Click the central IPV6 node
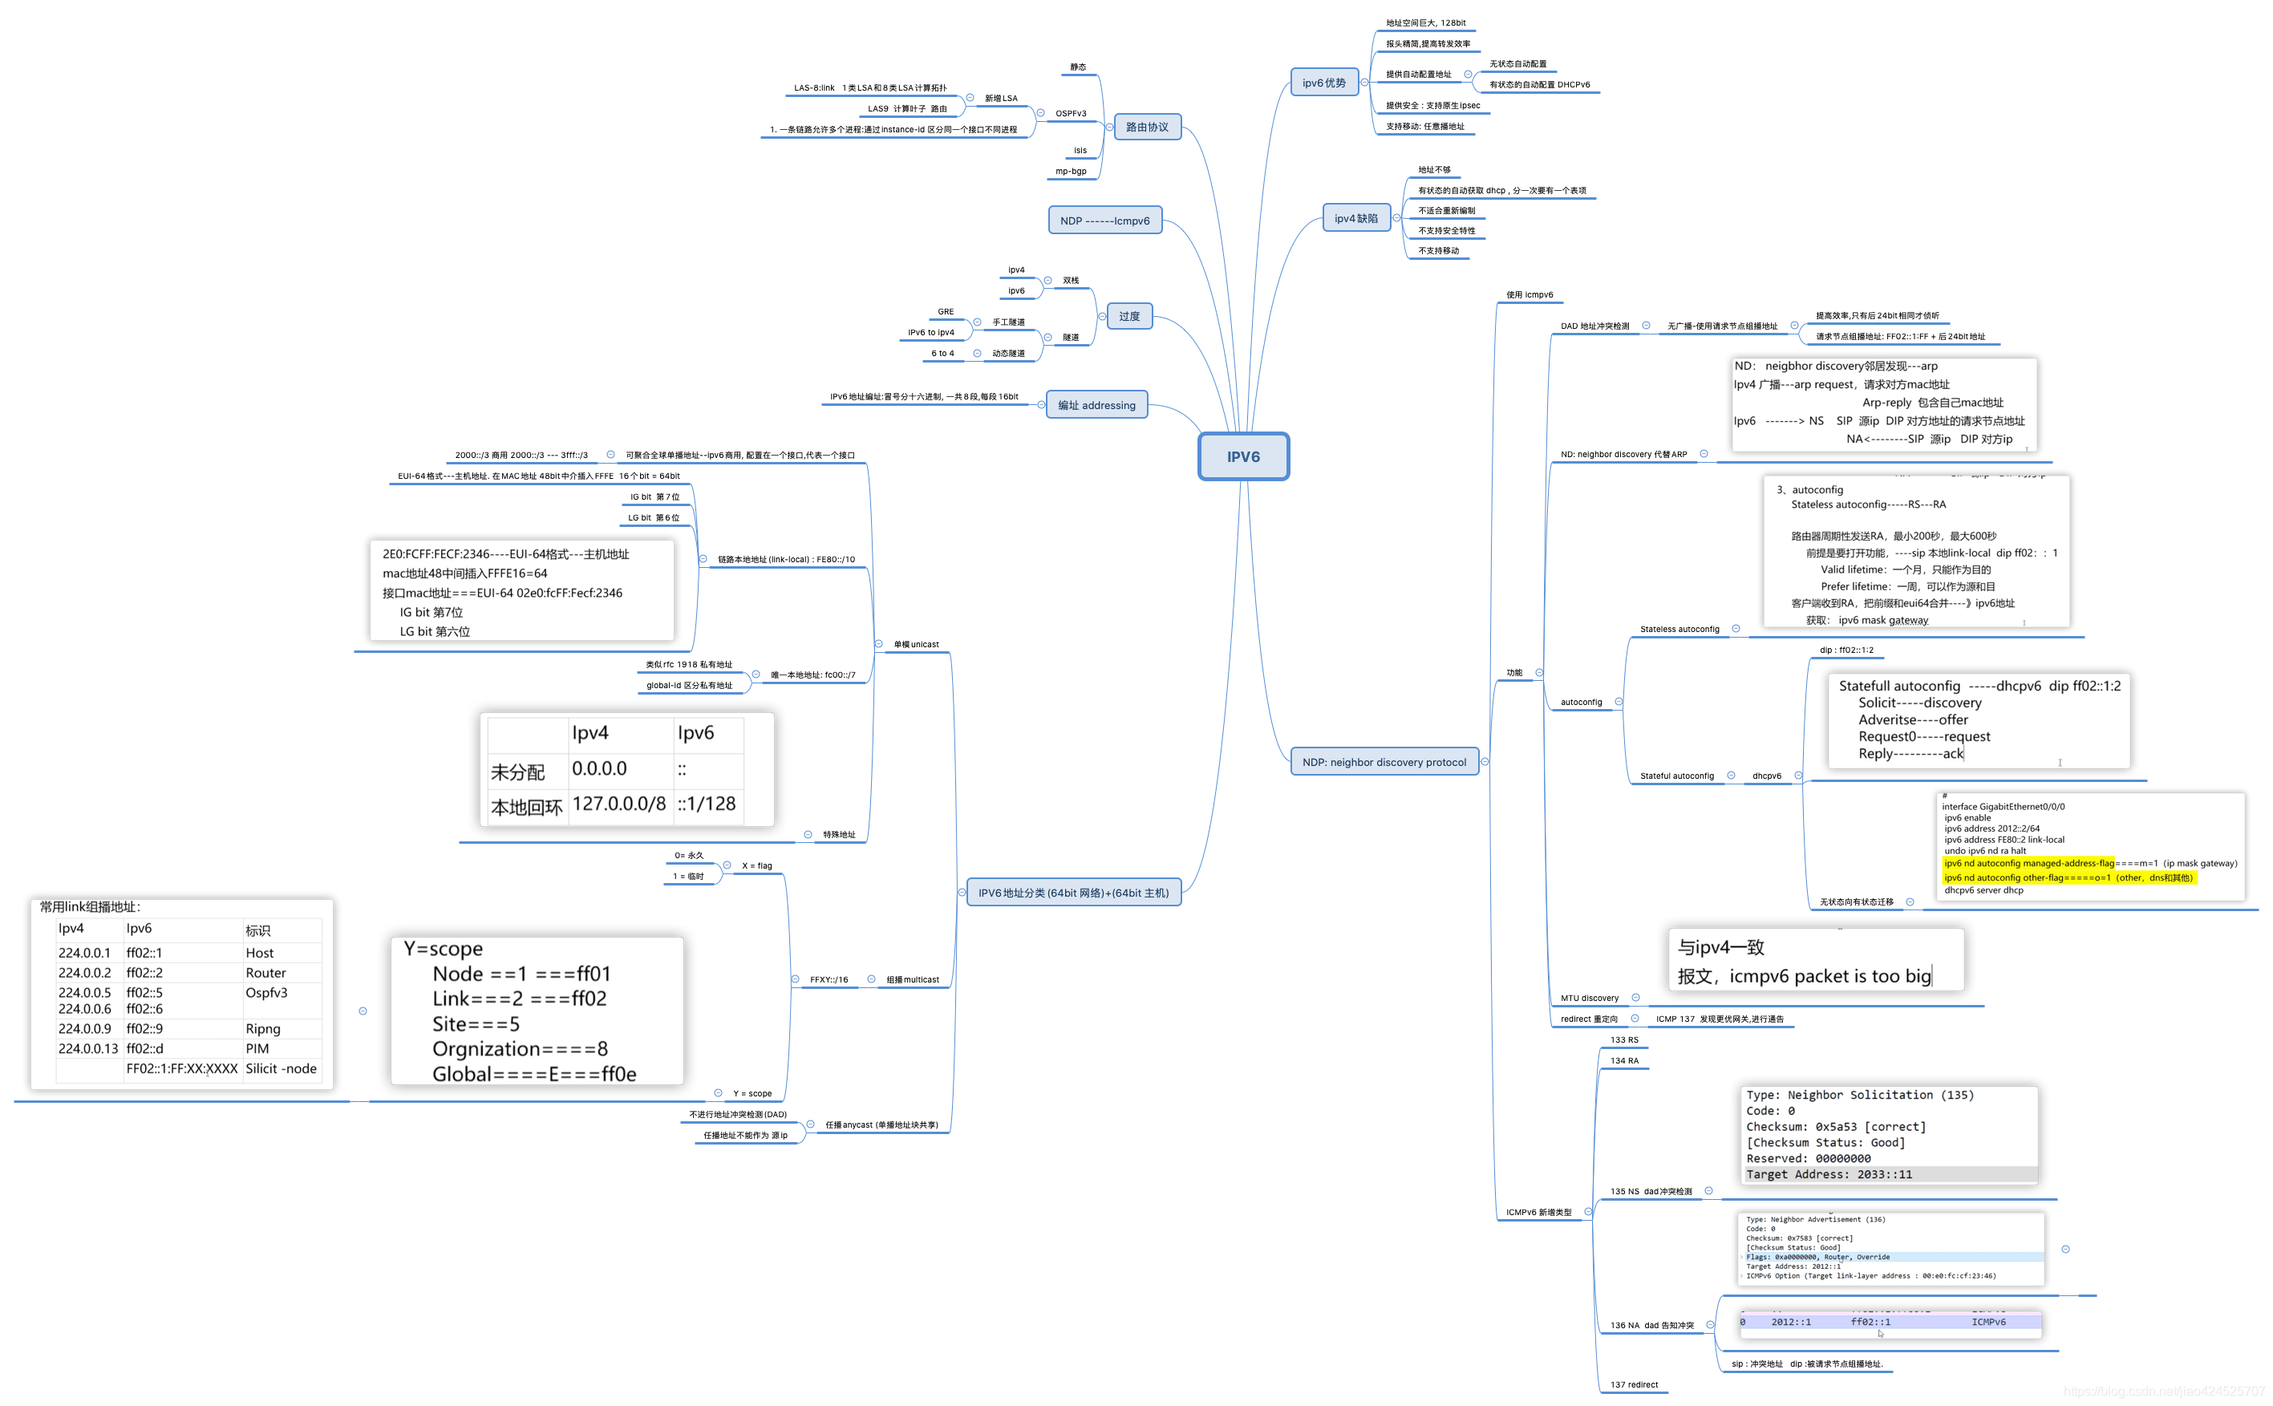click(1243, 456)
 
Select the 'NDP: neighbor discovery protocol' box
click(1384, 762)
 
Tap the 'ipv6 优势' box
click(1324, 83)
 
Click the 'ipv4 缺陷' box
click(1355, 218)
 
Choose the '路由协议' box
click(1146, 127)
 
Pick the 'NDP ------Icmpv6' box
click(1104, 221)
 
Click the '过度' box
click(1128, 316)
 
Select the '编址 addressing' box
click(1096, 405)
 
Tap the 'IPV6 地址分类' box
click(1073, 893)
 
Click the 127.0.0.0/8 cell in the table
click(618, 804)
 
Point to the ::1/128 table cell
click(707, 804)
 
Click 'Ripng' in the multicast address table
click(263, 1028)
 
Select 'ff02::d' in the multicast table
click(145, 1048)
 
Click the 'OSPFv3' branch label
click(1070, 113)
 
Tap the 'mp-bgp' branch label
click(1070, 171)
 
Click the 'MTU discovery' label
click(1589, 998)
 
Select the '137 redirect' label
click(1634, 1384)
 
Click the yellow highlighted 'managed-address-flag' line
click(2028, 863)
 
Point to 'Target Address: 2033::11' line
click(1829, 1174)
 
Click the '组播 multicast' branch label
click(912, 979)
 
